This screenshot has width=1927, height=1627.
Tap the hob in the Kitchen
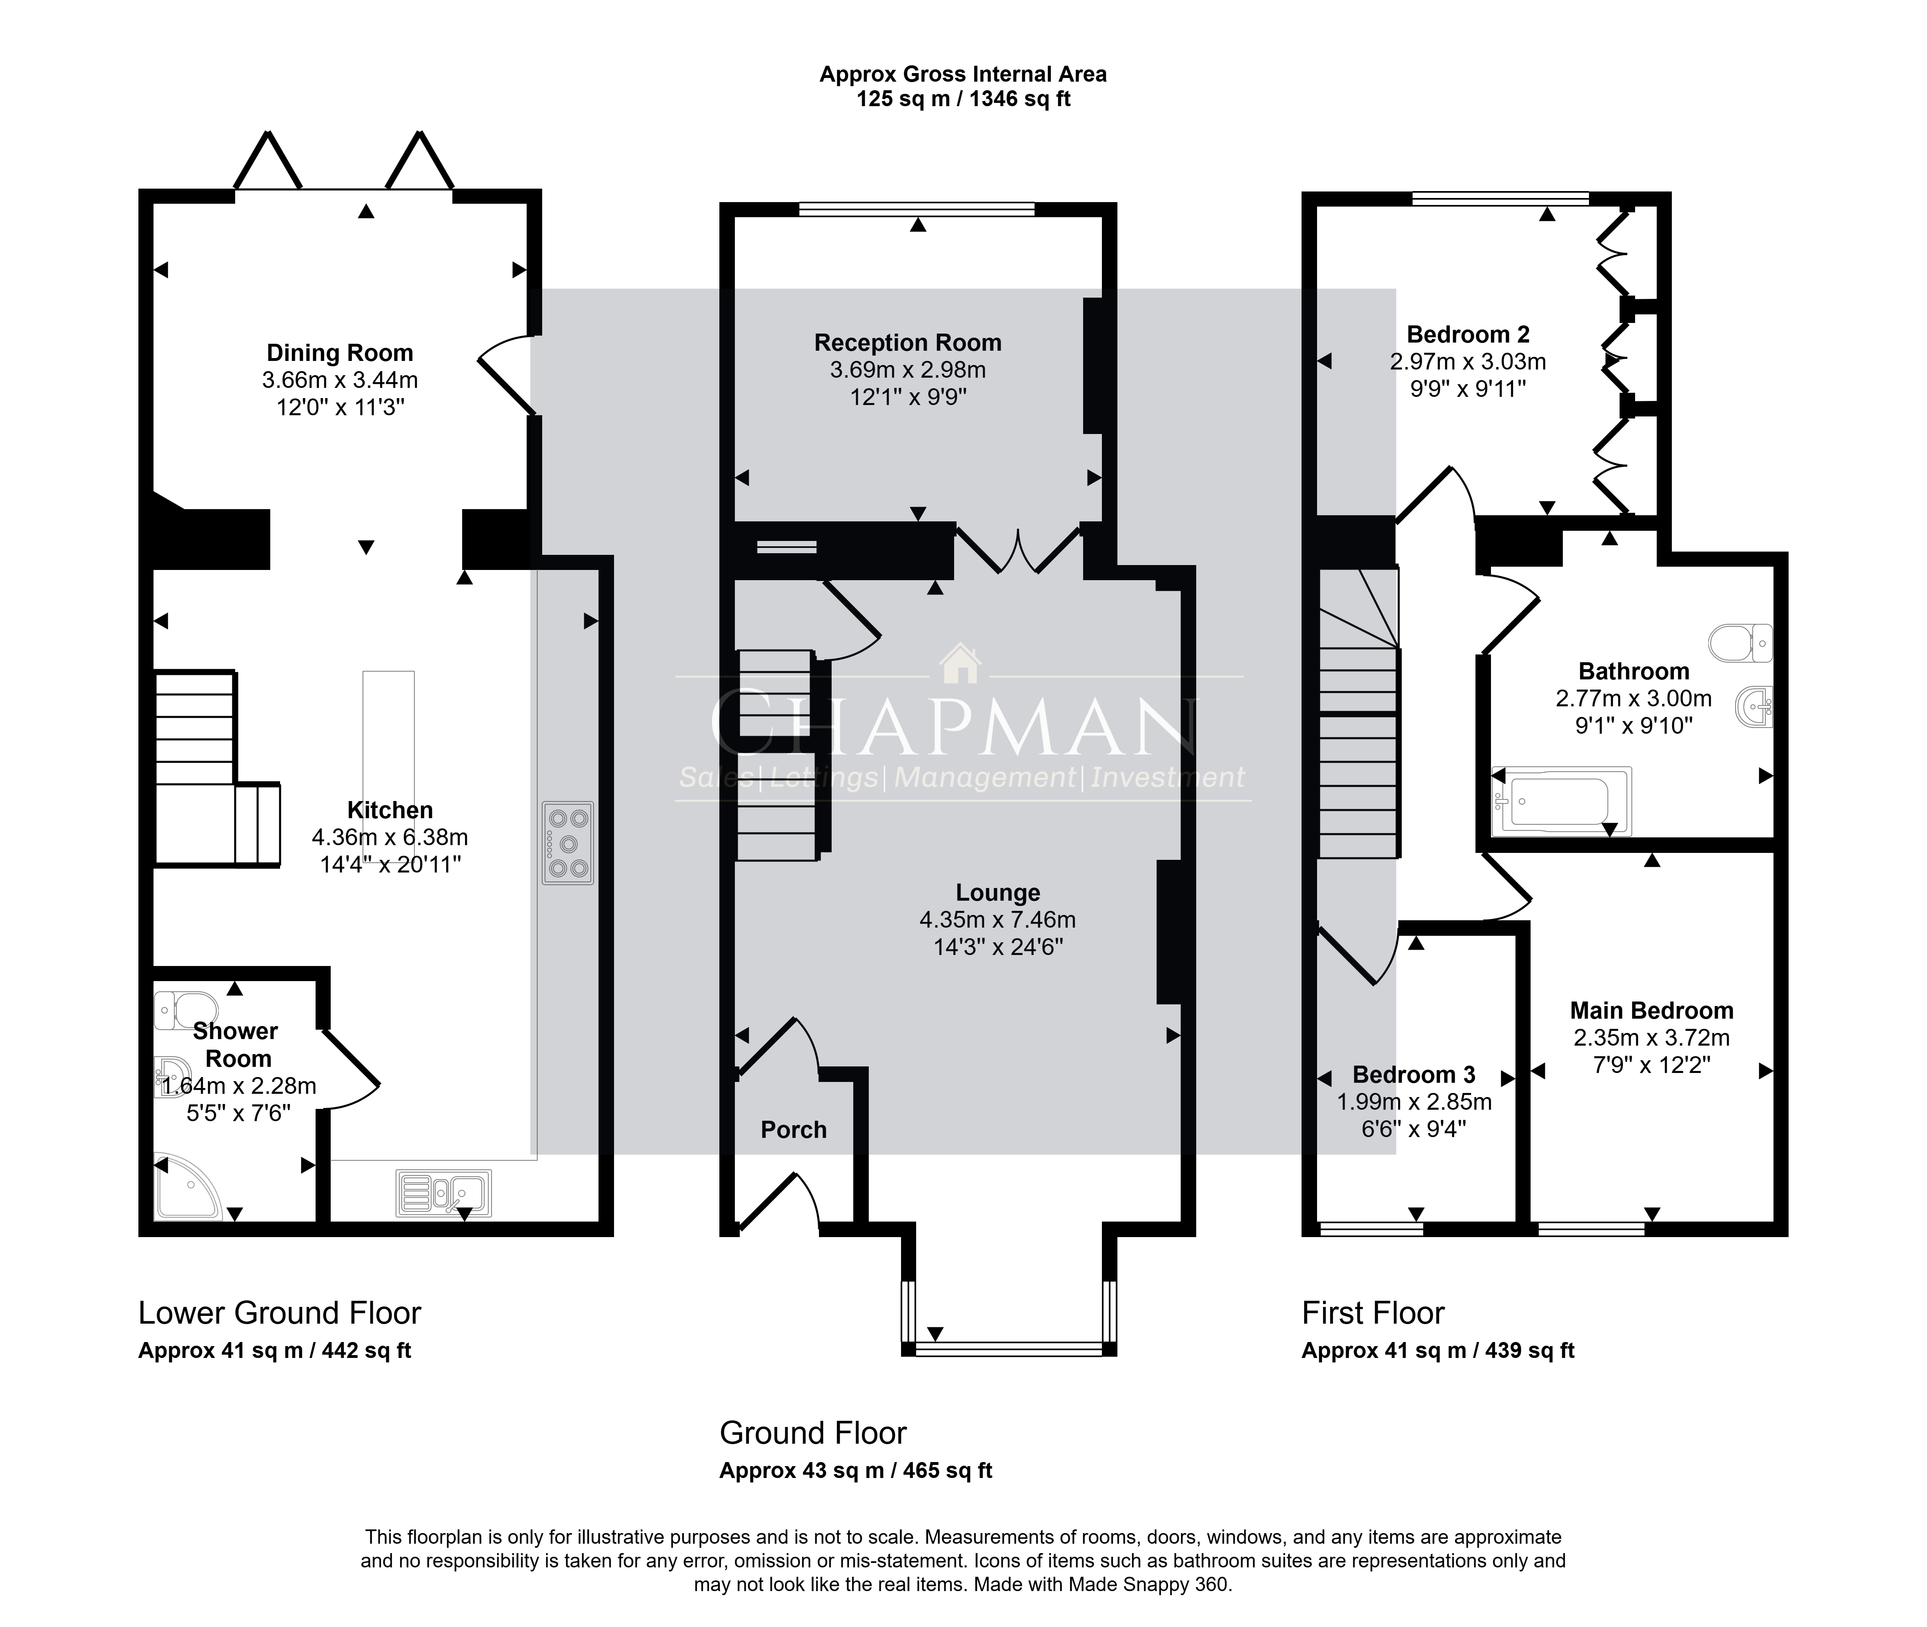(568, 843)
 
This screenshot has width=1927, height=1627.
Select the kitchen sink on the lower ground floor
(444, 1193)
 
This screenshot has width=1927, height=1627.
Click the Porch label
(793, 1130)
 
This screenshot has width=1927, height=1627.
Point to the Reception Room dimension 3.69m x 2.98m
(908, 370)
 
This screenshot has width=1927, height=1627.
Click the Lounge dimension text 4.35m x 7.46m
(997, 919)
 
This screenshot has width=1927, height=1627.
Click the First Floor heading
(1373, 1313)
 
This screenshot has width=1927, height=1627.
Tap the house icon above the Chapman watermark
(960, 663)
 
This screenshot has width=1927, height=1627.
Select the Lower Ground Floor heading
(280, 1313)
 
